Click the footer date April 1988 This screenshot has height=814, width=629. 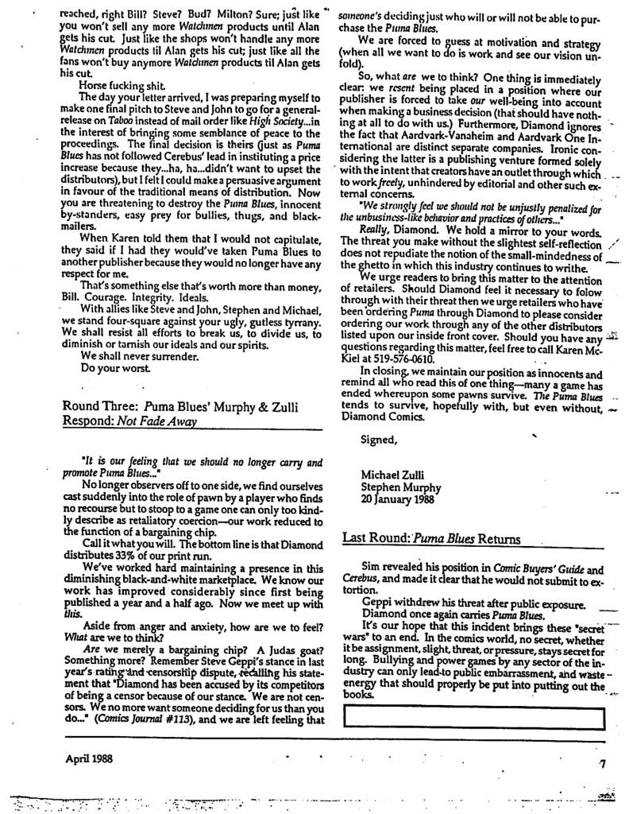point(90,758)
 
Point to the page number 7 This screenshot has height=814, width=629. point(603,764)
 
